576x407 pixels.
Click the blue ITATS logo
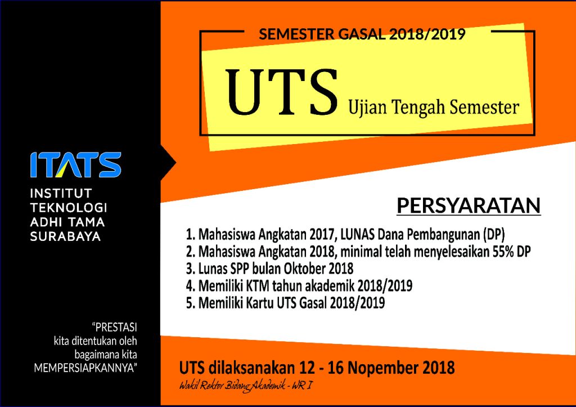(75, 164)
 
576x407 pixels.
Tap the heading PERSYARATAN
(469, 205)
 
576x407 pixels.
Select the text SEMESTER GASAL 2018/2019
(362, 34)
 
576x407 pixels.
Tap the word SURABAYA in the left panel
(65, 237)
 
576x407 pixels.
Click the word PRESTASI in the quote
(116, 327)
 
